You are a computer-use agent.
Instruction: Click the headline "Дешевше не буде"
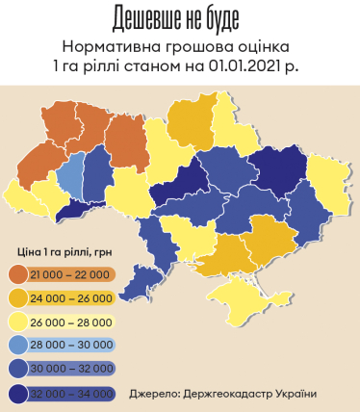click(x=180, y=18)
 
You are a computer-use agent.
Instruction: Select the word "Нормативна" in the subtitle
click(x=109, y=46)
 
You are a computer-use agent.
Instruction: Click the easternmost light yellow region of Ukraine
click(x=328, y=182)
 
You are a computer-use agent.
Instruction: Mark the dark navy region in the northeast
click(x=279, y=173)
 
